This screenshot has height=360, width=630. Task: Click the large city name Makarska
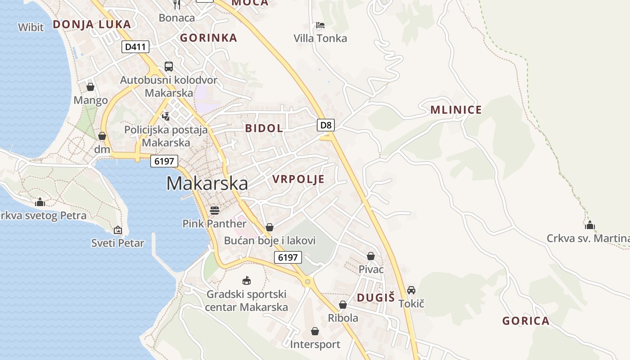pos(207,184)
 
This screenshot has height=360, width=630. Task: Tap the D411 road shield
pos(135,47)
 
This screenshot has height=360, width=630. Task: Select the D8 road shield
pos(326,125)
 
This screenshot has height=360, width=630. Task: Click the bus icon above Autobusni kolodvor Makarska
pos(169,67)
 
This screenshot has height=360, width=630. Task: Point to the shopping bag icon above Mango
pos(90,87)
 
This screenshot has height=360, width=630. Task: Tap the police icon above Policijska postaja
pos(166,116)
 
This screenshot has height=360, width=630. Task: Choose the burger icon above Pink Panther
pos(215,210)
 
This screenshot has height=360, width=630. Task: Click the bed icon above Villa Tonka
pos(320,25)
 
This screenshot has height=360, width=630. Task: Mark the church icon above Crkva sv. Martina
pos(590,225)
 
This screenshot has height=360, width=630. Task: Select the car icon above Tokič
pos(411,290)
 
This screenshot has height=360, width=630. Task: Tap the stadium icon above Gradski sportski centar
pos(246,281)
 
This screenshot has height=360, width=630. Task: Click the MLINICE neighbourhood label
pos(456,110)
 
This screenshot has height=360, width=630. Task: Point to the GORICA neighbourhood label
pos(526,321)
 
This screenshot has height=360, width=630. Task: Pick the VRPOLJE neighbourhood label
pos(298,179)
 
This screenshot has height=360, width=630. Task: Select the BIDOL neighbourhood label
pos(264,128)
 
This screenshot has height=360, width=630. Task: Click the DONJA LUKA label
pos(92,24)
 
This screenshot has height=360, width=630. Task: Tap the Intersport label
pos(315,345)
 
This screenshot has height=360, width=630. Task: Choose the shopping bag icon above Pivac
pos(371,256)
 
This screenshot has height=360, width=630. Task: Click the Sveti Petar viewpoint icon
pos(118,230)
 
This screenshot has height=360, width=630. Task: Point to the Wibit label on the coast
pos(31,27)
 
